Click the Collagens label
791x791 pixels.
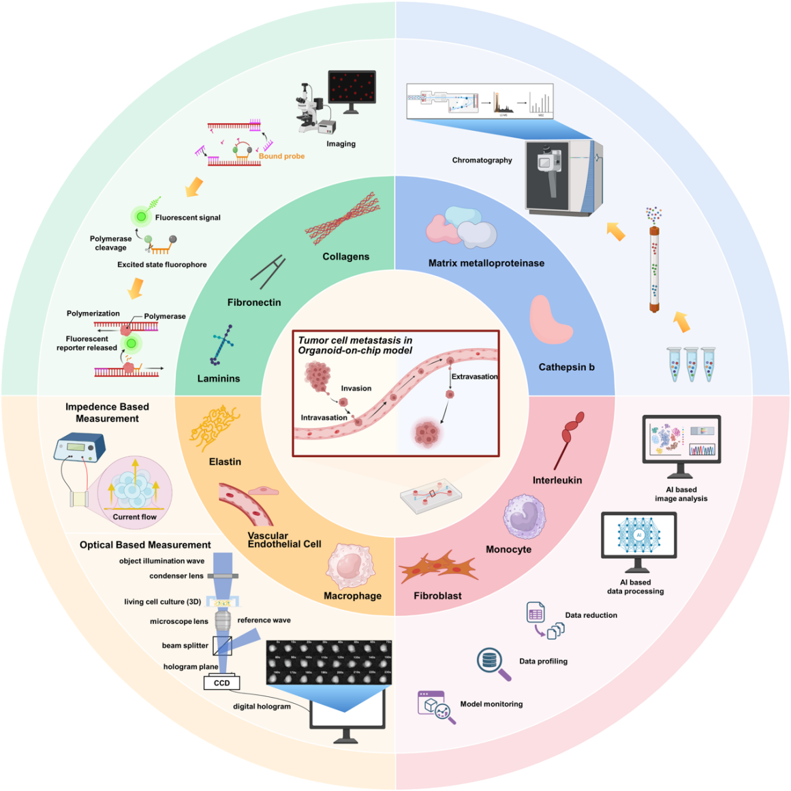tap(346, 257)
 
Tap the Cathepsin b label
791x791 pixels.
tap(566, 367)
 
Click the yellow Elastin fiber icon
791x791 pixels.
tap(213, 428)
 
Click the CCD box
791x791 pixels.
tap(221, 683)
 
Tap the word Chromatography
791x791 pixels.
tap(482, 160)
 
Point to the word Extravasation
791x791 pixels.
tap(474, 377)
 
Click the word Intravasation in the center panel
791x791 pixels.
tap(324, 418)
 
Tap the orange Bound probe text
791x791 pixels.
tap(281, 156)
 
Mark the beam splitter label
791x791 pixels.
tap(185, 645)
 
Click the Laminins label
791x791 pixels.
tap(219, 379)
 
